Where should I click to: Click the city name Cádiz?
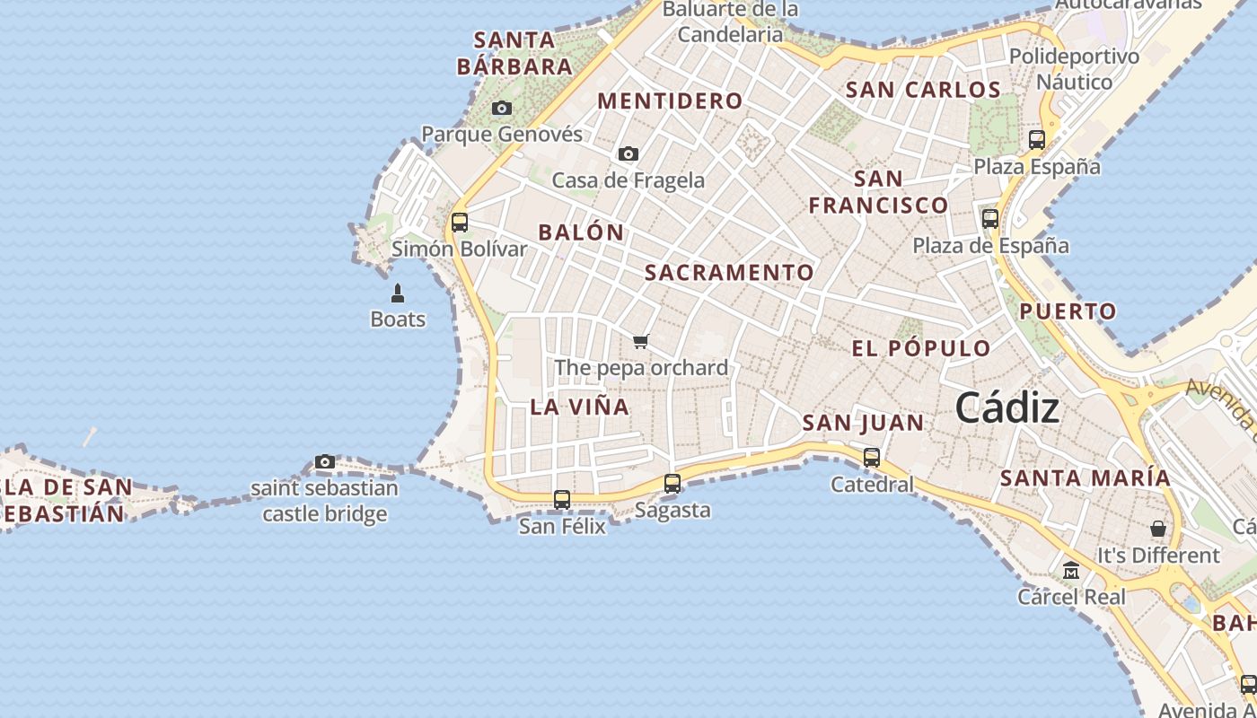point(1006,408)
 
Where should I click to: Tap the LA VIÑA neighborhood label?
point(579,407)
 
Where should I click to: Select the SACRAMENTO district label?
point(729,272)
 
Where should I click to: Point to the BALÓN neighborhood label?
point(581,232)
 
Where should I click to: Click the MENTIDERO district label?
point(670,101)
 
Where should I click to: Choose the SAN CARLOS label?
point(923,90)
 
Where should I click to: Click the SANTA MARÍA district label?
point(1086,477)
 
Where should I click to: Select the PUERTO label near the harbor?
point(1068,311)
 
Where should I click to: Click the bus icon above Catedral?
point(871,457)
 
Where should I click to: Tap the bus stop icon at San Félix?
point(562,499)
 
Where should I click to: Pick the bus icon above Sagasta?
point(672,483)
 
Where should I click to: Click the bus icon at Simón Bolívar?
point(460,222)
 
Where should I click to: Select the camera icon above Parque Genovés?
point(502,108)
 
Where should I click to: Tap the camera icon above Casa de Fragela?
point(628,153)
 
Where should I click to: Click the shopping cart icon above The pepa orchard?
point(640,341)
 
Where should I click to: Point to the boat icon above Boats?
point(398,293)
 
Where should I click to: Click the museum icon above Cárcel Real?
point(1071,570)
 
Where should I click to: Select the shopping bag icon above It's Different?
point(1158,529)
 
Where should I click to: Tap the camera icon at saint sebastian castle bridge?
point(325,461)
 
